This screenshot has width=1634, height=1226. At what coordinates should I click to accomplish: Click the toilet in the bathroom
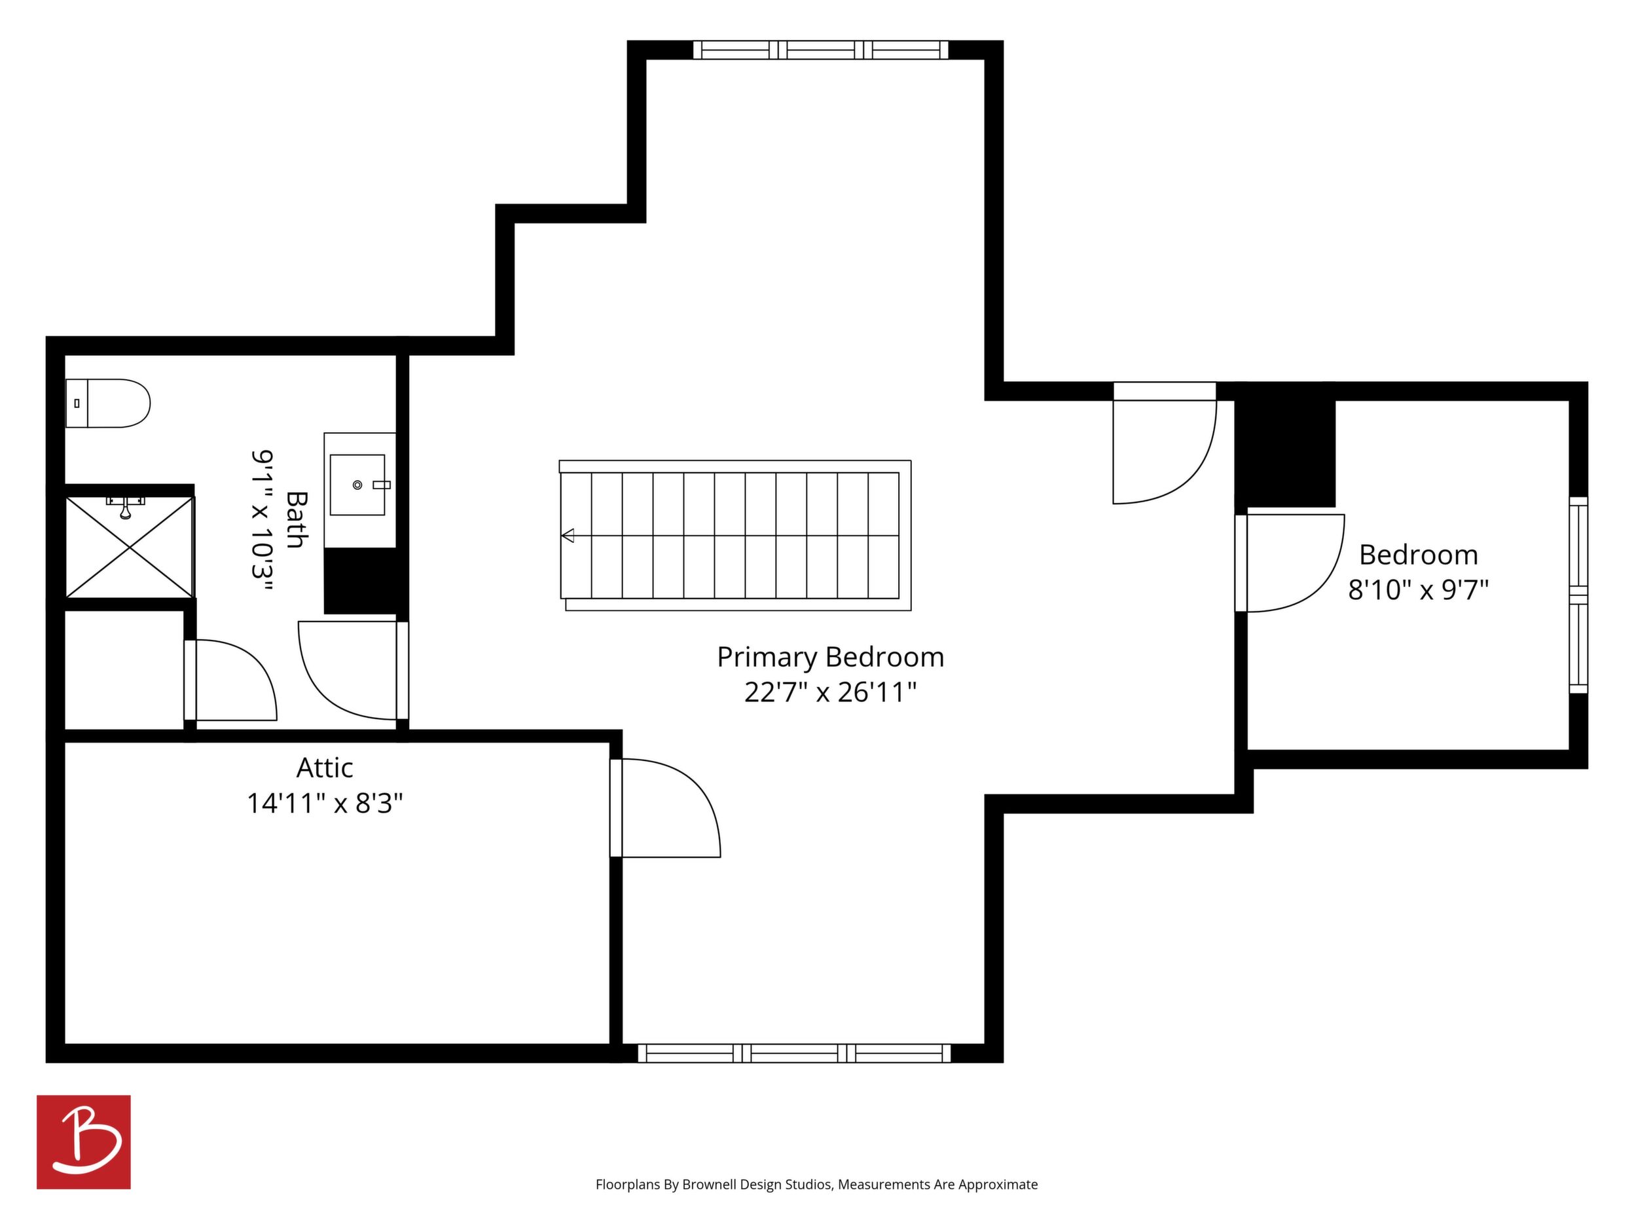point(108,403)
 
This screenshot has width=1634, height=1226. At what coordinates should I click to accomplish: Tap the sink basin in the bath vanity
point(357,485)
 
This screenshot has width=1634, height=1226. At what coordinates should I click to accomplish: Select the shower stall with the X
point(130,547)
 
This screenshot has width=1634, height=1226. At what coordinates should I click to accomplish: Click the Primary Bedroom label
point(830,657)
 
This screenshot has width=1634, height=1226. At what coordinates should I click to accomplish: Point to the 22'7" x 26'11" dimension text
point(830,692)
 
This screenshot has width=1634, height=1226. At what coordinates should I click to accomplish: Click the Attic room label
point(325,768)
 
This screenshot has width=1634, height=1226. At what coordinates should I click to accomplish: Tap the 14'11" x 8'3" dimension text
point(325,804)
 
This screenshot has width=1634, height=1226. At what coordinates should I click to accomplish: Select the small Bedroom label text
point(1419,555)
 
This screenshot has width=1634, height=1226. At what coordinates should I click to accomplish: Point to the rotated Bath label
point(296,519)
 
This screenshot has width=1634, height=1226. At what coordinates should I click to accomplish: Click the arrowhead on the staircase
point(568,535)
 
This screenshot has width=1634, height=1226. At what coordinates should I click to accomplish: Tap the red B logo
point(84,1142)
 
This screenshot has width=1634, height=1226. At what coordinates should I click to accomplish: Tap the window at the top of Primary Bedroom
point(821,50)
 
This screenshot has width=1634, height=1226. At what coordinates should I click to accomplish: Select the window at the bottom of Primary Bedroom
point(794,1053)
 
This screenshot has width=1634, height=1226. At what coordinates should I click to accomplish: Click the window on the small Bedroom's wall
point(1578,595)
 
